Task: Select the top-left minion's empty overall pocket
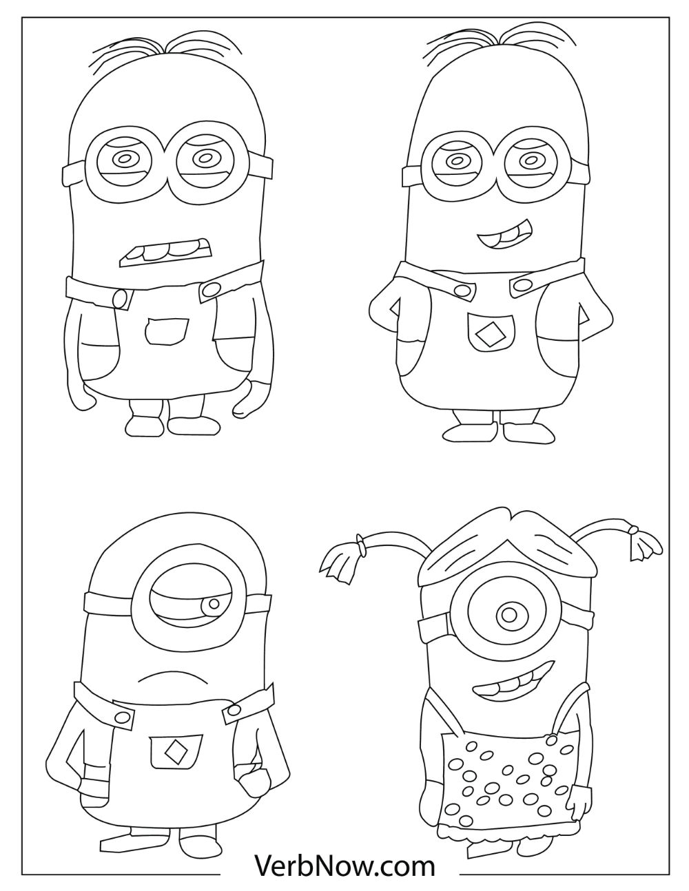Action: (x=167, y=331)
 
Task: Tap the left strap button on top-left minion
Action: (x=121, y=299)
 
